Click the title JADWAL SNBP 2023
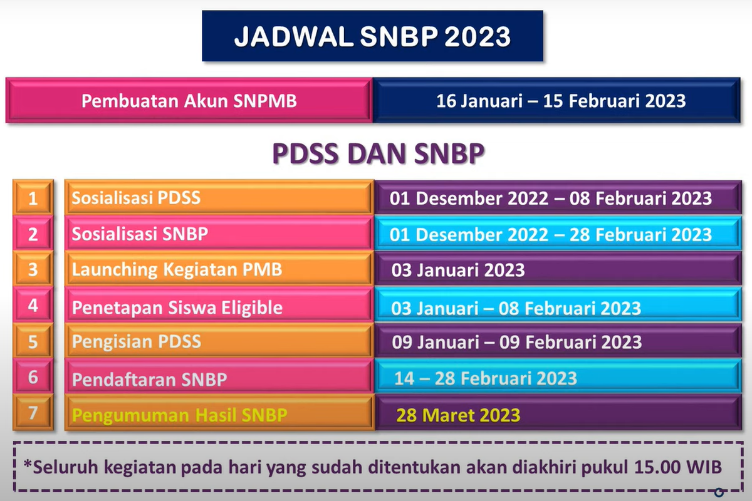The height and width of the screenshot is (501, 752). tap(372, 36)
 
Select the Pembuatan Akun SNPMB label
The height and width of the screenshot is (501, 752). tap(189, 101)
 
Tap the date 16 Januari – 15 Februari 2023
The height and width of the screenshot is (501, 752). tap(561, 101)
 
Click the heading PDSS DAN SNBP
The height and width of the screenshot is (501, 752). tap(379, 153)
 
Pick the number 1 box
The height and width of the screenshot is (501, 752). tap(33, 197)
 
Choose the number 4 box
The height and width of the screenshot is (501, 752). tap(33, 305)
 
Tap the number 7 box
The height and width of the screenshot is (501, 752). tap(33, 413)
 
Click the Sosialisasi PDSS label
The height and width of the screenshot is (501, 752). tap(136, 198)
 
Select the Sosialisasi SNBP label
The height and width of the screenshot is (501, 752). tap(140, 234)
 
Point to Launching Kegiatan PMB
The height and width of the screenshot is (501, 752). tap(177, 269)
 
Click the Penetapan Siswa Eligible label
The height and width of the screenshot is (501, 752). tap(177, 307)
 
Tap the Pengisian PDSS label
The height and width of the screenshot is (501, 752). tap(137, 341)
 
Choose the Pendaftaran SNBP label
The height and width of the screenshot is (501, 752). tap(149, 380)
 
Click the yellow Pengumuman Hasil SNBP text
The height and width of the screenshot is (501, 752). tap(180, 415)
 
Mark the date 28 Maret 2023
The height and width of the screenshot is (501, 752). tap(458, 415)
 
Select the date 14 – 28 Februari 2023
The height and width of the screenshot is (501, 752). tap(486, 378)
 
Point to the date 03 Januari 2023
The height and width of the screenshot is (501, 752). tap(458, 270)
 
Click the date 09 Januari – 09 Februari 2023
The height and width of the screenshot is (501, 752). tap(516, 342)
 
